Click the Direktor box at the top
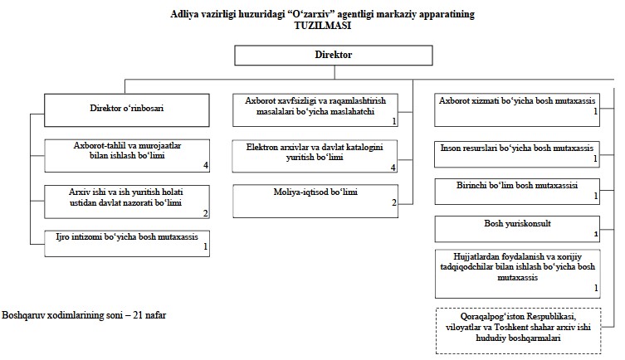tap(333, 55)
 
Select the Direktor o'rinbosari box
tap(127, 110)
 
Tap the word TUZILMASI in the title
tap(323, 25)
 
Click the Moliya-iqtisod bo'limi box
tap(315, 201)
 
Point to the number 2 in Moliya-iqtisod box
tap(393, 202)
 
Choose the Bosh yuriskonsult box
tap(517, 229)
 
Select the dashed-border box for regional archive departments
tap(518, 330)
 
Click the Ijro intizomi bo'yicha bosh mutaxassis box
tap(127, 243)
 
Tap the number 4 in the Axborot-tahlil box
tap(206, 165)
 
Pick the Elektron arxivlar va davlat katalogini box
tap(315, 156)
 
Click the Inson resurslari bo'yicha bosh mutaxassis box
tap(517, 154)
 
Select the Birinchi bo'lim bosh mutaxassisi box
tap(517, 192)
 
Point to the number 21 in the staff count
tap(138, 315)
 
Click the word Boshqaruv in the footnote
tap(23, 315)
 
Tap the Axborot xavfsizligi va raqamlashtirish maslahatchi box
tap(315, 110)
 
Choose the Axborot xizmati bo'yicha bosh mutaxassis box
tap(517, 110)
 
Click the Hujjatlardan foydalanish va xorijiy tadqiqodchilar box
tap(517, 274)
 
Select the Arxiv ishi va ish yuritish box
tap(127, 202)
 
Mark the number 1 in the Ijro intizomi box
tap(206, 246)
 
